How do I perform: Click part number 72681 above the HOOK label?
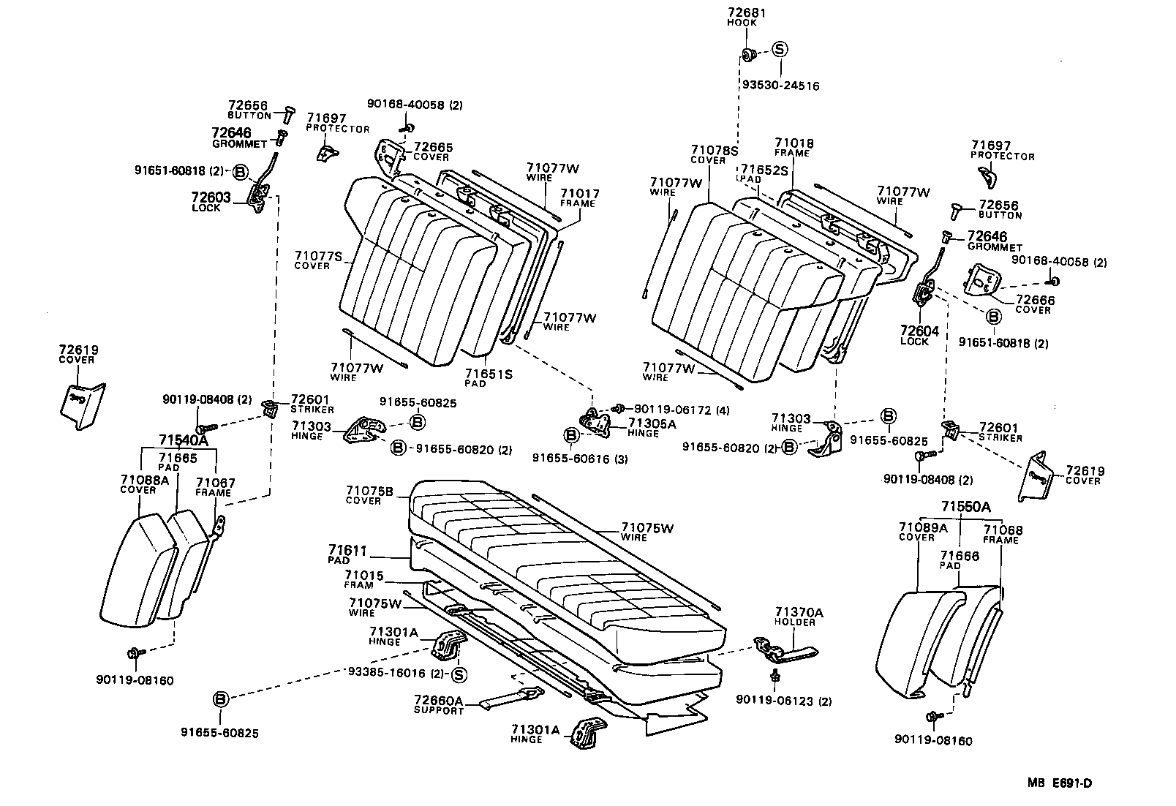tap(747, 13)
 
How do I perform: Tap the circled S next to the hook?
tap(780, 50)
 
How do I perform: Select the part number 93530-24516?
tap(780, 86)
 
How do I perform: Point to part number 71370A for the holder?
tap(799, 612)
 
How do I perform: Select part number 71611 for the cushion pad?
tap(347, 550)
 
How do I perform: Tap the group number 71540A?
tap(184, 440)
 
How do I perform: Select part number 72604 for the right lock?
tap(919, 331)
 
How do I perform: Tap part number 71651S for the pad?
tap(489, 374)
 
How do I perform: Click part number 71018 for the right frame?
tap(794, 143)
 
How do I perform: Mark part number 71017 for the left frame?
tap(580, 194)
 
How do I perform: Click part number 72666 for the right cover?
tap(1035, 300)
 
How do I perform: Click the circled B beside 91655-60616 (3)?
tap(572, 436)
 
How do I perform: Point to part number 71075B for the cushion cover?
tap(369, 491)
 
